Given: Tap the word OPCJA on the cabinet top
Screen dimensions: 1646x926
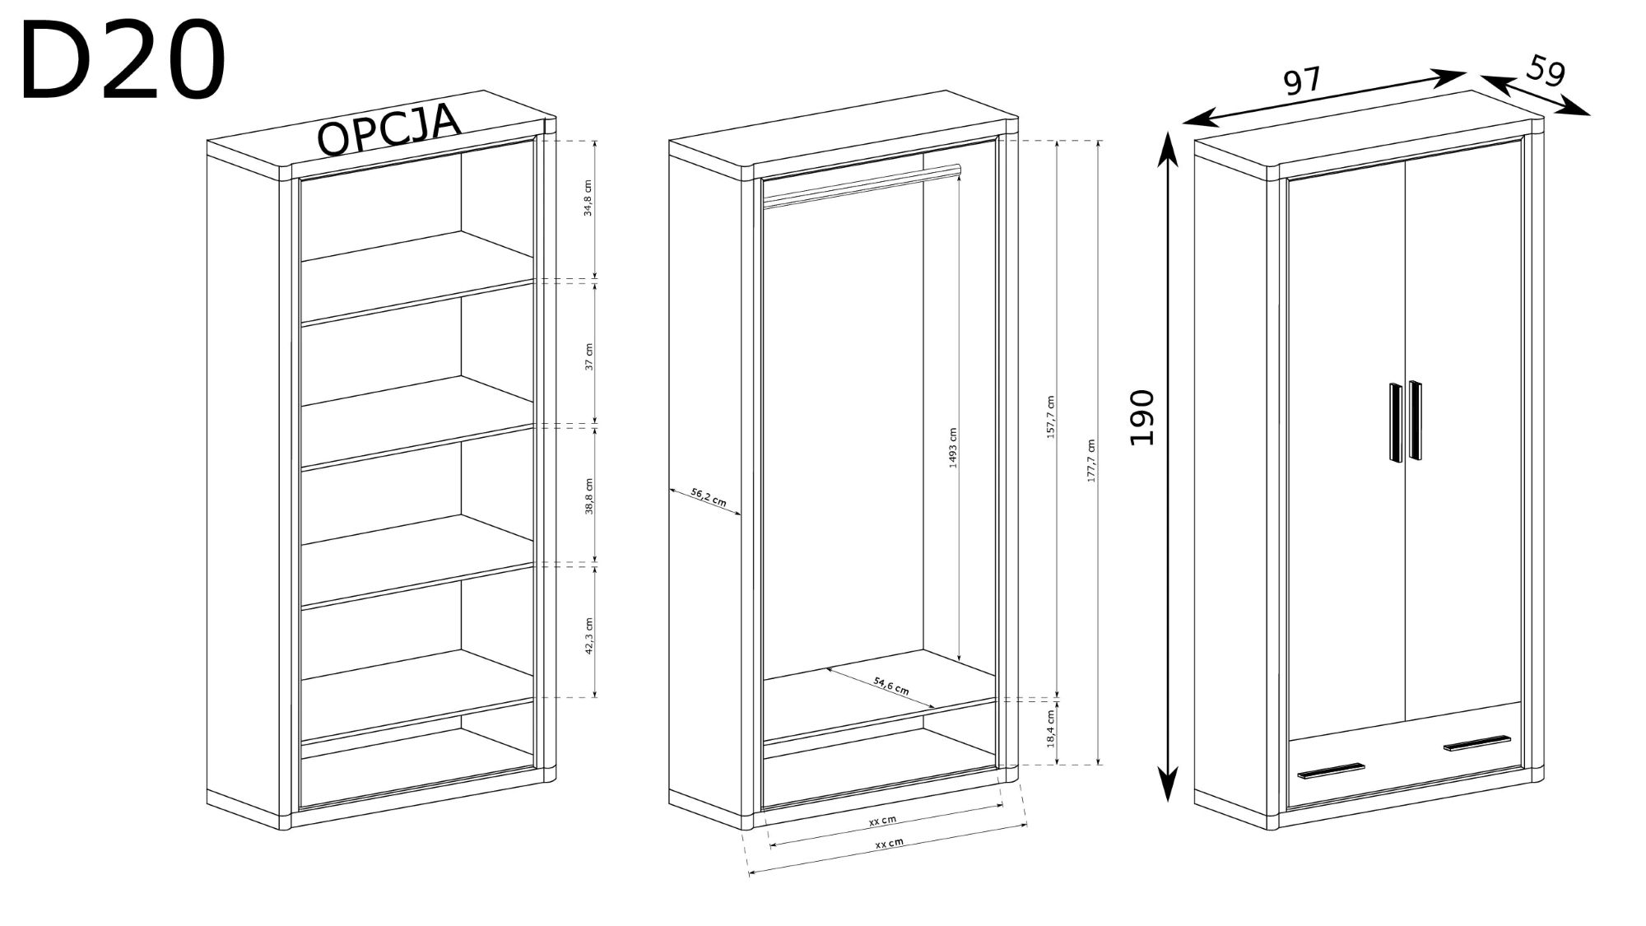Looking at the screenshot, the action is point(389,129).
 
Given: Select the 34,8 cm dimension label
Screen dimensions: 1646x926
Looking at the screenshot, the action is point(588,198).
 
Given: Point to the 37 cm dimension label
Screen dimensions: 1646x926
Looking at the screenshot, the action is point(588,356).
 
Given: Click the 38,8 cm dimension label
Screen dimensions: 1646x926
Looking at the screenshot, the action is point(588,496).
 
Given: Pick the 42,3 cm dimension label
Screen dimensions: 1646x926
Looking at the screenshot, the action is point(588,635).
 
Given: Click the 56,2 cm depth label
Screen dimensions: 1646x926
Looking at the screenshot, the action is point(709,496).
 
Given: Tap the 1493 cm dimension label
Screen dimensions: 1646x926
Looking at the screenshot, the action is point(953,448).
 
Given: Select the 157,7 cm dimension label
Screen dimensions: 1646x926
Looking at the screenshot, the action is point(1051,417).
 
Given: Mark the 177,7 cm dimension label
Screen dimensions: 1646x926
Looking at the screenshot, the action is point(1092,460).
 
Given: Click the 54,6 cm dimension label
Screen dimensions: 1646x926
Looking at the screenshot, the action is point(891,685).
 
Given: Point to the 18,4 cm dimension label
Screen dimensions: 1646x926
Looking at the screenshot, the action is point(1051,728).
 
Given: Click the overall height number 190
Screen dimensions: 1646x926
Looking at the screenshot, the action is point(1142,417).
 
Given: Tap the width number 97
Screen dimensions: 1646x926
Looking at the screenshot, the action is point(1302,81).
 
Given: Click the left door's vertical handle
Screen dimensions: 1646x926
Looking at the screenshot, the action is point(1396,422).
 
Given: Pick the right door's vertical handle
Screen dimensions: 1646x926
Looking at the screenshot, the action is point(1415,420).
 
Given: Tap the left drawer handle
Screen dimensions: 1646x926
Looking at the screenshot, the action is point(1331,770).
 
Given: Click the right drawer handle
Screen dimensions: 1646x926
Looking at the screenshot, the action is point(1478,742).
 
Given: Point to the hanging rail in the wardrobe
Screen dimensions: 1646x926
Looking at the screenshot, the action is point(862,185).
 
